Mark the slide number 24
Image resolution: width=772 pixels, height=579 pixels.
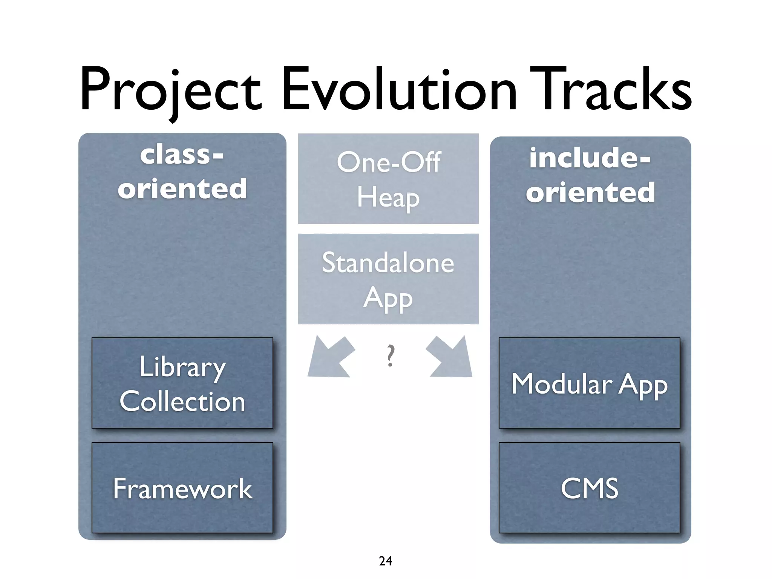(x=385, y=561)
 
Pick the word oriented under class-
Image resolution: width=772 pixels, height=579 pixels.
(x=182, y=188)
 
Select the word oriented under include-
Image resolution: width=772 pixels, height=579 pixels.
(x=590, y=192)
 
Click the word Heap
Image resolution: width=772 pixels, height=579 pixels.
(x=388, y=197)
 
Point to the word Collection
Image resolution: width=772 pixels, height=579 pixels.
(x=182, y=401)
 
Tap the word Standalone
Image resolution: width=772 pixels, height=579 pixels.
(x=388, y=262)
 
